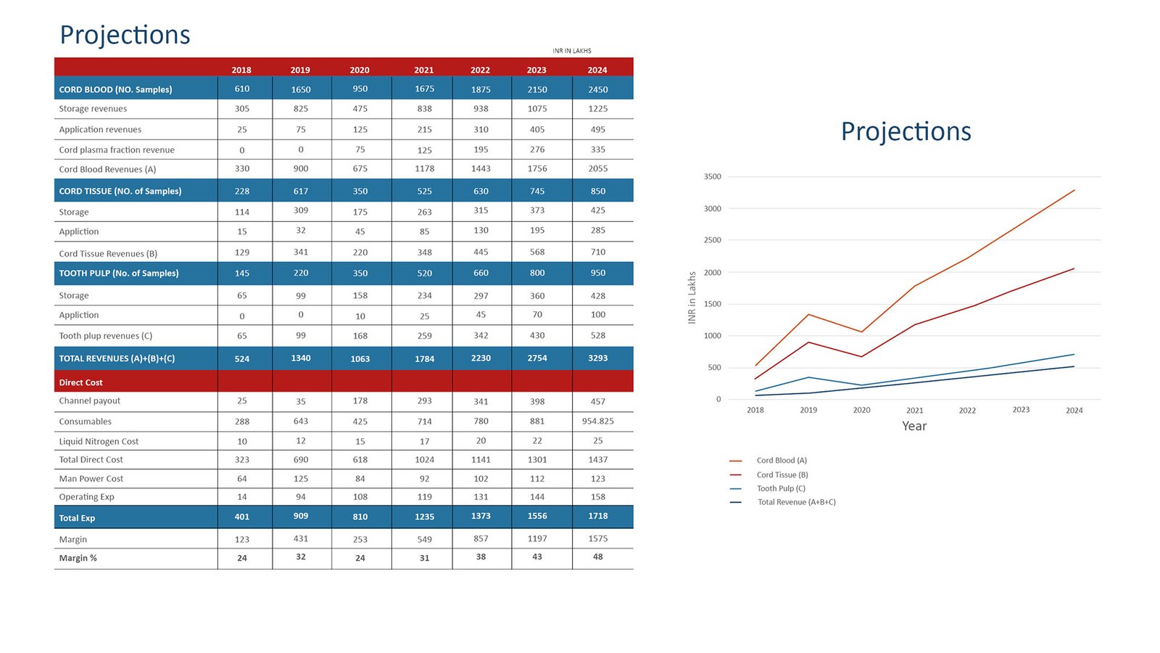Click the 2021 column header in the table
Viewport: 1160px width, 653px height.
(424, 70)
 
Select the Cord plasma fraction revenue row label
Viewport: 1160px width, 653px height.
(117, 150)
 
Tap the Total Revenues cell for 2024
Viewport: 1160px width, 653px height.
(597, 358)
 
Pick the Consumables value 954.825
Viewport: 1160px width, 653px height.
(597, 422)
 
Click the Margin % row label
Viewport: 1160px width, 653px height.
(78, 558)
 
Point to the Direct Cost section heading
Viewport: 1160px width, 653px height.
(80, 382)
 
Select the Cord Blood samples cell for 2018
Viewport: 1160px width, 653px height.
(242, 89)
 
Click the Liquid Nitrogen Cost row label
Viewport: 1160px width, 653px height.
(99, 441)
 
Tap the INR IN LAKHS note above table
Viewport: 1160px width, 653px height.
(571, 51)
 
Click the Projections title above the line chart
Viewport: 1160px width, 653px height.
(906, 131)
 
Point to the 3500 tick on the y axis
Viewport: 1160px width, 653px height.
(712, 177)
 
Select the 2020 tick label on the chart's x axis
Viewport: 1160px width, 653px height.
(861, 411)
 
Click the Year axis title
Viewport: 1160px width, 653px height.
(914, 426)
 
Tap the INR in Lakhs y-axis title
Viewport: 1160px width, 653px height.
(692, 297)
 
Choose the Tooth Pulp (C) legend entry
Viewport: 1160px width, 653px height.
(781, 488)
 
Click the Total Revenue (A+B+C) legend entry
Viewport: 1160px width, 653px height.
(796, 502)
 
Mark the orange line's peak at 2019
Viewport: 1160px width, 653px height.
(808, 314)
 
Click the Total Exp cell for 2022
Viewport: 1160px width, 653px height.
(481, 517)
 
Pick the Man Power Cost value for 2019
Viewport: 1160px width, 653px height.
(301, 479)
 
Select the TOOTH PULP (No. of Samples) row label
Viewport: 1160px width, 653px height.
(119, 274)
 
